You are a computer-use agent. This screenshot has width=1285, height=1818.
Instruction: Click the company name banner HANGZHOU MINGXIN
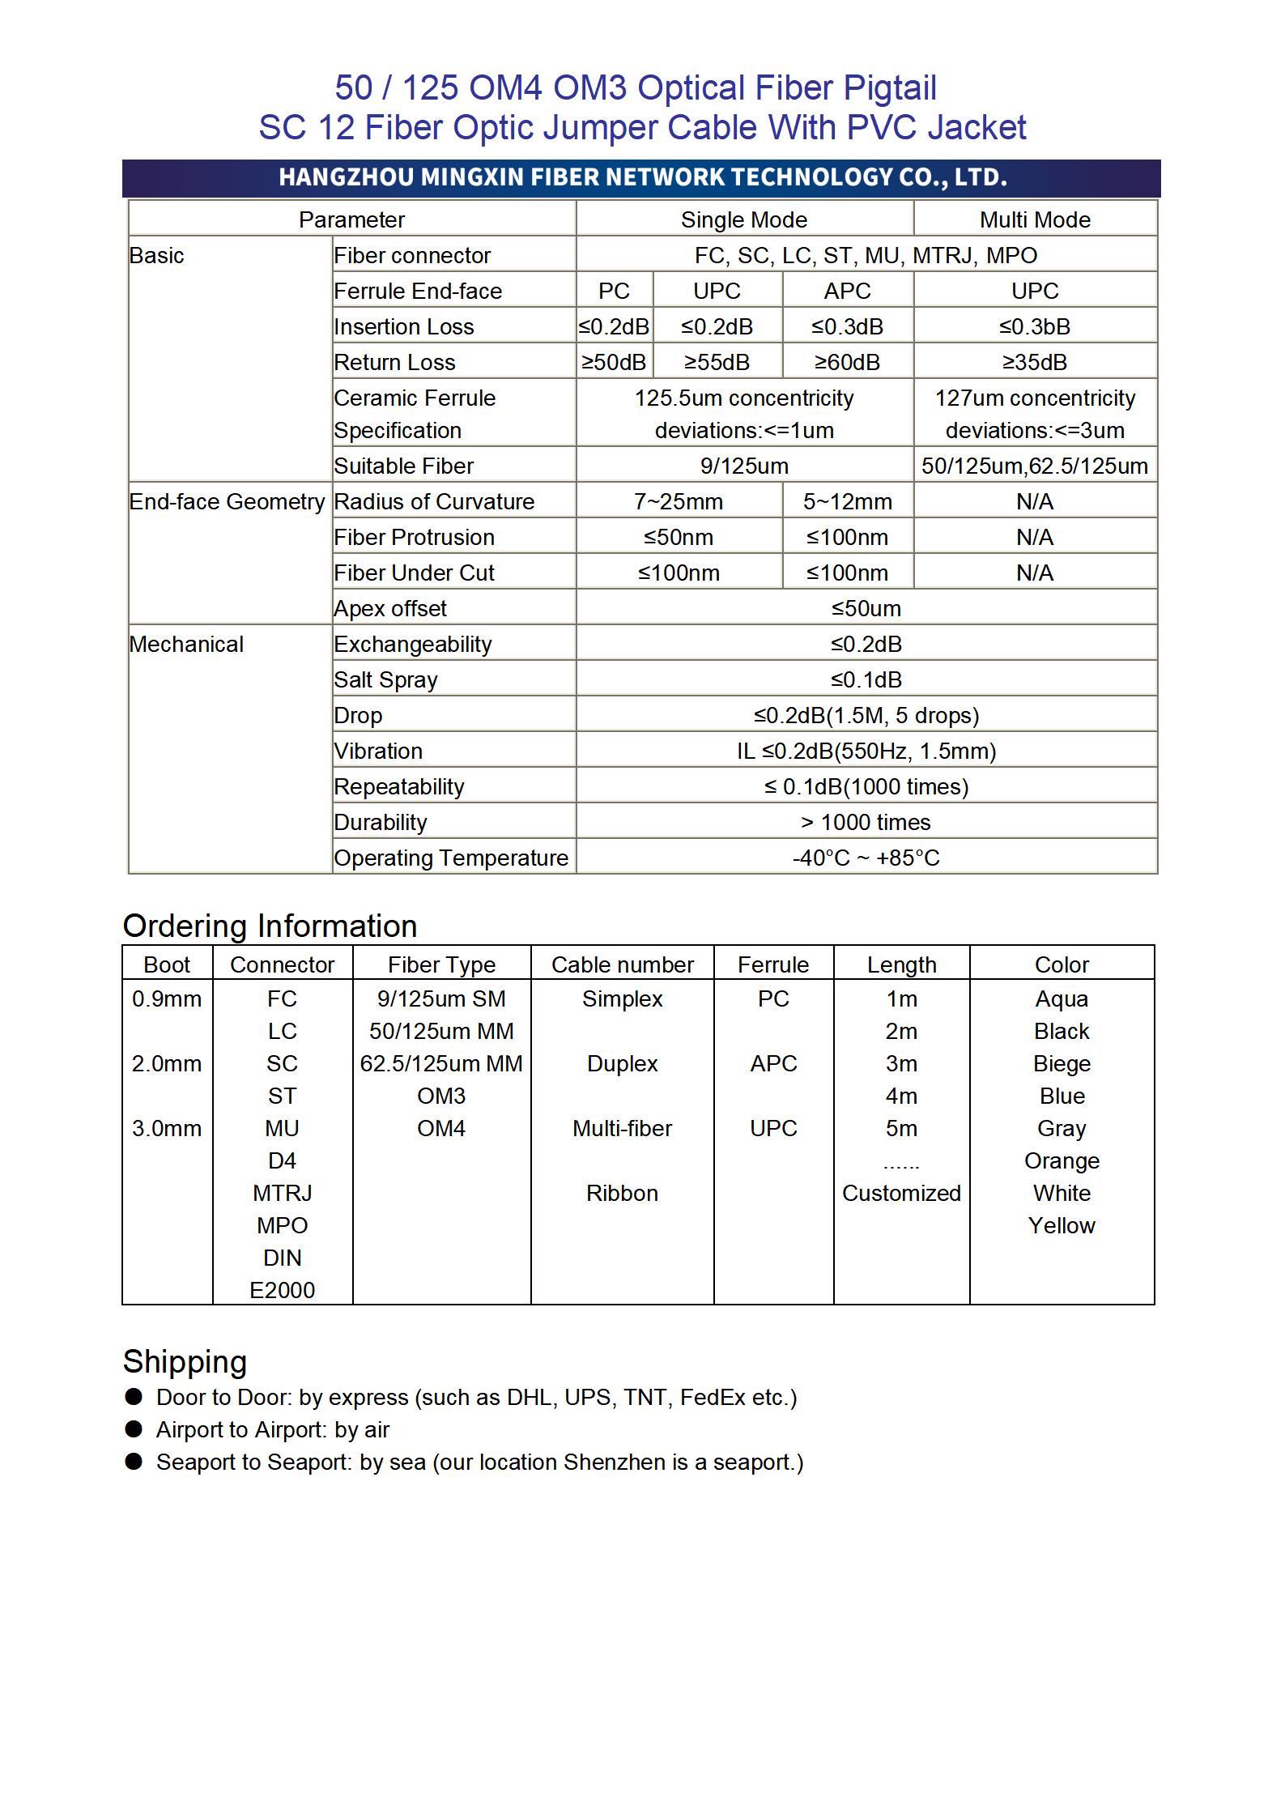tap(642, 177)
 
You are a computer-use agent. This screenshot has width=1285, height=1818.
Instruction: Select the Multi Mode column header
tap(1034, 219)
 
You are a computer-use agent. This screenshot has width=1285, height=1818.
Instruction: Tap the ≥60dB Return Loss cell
tap(847, 362)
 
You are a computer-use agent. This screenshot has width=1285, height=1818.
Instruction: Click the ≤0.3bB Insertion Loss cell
tap(1034, 326)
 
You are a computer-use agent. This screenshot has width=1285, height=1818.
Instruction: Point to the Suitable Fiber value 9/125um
tap(743, 466)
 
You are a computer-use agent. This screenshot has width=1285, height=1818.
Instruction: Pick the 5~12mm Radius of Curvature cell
tap(847, 501)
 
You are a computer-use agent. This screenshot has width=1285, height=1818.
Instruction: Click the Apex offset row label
tap(390, 608)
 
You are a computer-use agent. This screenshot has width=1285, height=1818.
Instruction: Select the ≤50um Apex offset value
tap(866, 608)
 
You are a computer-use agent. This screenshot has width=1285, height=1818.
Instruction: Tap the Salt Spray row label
tap(385, 679)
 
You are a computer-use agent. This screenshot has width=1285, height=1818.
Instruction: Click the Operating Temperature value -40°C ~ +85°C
tap(866, 858)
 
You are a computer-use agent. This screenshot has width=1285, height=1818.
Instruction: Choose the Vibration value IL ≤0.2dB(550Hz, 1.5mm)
tap(866, 751)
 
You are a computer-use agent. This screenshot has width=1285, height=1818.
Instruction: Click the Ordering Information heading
tap(270, 926)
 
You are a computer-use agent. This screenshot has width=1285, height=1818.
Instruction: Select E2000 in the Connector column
tap(282, 1290)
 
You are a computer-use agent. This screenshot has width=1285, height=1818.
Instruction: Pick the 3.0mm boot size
tap(167, 1128)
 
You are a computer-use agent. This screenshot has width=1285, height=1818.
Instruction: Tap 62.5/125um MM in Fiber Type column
tap(441, 1063)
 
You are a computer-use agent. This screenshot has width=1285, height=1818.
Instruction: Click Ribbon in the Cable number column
tap(622, 1193)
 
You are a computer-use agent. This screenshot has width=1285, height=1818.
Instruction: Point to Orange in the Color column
tap(1062, 1160)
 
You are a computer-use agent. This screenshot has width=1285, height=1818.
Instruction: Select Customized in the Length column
tap(901, 1193)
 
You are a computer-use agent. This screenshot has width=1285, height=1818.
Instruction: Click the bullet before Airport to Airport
tap(134, 1429)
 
